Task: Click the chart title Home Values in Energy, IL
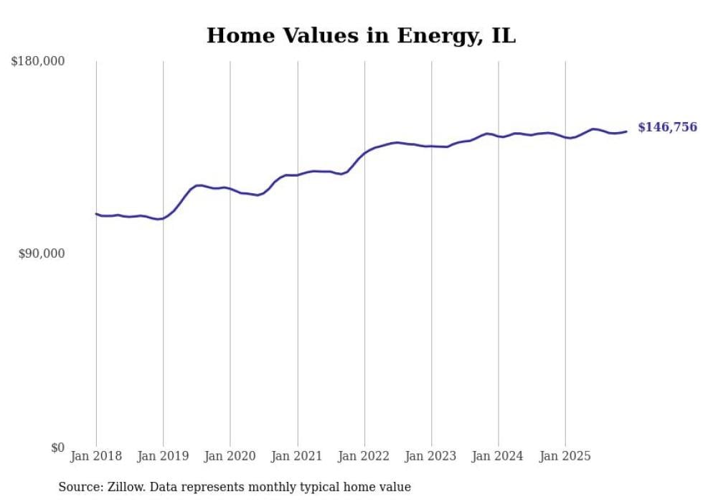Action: click(361, 35)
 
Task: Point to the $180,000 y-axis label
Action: click(38, 62)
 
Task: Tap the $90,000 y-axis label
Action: click(42, 254)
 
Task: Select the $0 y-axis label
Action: click(57, 447)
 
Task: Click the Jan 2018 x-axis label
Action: click(96, 456)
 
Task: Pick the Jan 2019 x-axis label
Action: click(163, 456)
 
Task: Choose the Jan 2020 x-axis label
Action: click(230, 456)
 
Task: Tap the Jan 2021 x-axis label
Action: click(297, 456)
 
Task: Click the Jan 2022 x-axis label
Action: click(364, 456)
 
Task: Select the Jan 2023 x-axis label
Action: click(431, 456)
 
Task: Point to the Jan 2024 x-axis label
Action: click(499, 456)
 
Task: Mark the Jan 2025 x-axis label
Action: click(565, 456)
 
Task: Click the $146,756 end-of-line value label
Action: click(667, 127)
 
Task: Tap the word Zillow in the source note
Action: click(127, 487)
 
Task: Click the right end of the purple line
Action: click(626, 131)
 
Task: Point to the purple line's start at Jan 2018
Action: click(96, 213)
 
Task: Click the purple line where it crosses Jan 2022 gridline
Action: click(364, 154)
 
